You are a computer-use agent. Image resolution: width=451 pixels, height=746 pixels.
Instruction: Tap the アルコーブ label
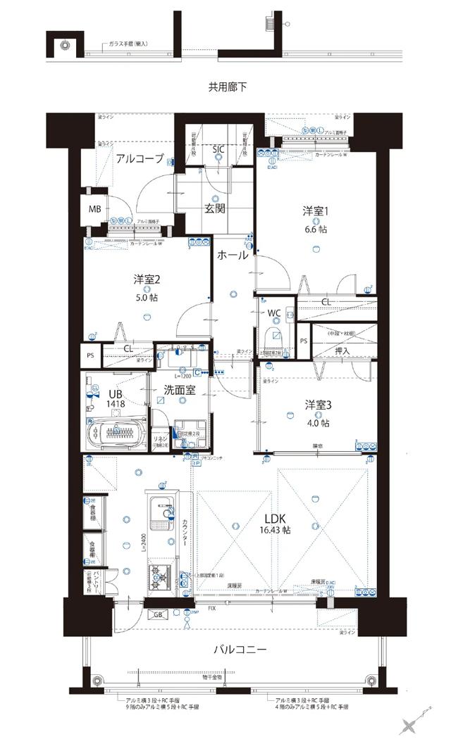click(140, 159)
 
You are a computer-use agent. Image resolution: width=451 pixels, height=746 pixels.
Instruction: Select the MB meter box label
click(94, 209)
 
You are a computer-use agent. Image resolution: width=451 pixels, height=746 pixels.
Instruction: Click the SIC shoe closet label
click(219, 148)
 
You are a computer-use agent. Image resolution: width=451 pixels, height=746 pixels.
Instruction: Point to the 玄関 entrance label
click(216, 208)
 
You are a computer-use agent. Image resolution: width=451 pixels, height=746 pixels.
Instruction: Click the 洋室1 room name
click(316, 211)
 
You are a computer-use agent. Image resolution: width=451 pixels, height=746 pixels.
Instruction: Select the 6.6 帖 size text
click(316, 229)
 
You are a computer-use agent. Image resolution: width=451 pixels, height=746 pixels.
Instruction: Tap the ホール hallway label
click(233, 255)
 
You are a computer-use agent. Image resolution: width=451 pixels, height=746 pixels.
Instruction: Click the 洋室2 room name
click(147, 279)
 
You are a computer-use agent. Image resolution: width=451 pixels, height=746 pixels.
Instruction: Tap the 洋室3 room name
click(318, 405)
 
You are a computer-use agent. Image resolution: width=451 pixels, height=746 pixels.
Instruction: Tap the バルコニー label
click(240, 649)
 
